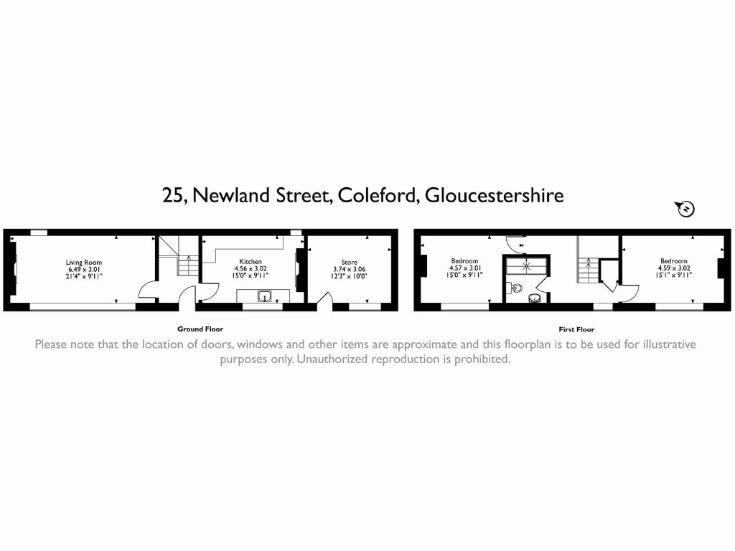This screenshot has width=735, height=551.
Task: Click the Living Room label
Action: (x=83, y=263)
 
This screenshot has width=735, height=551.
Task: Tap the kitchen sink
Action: (x=264, y=296)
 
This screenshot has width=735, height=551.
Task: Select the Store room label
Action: (x=350, y=263)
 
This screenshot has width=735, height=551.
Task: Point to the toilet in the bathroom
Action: (x=516, y=288)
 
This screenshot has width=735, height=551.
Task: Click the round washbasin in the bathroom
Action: (x=534, y=298)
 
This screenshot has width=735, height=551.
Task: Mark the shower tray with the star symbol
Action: (x=526, y=266)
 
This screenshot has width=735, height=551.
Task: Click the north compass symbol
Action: (x=685, y=209)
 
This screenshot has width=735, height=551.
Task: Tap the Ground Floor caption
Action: (x=200, y=329)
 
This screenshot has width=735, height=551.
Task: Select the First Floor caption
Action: (x=576, y=329)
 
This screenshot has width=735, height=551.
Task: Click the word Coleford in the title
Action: (x=378, y=195)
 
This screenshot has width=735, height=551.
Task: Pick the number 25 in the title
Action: (x=172, y=196)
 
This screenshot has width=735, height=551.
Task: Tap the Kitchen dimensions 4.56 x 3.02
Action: (x=251, y=269)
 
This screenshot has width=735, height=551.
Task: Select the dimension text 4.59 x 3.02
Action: (x=673, y=268)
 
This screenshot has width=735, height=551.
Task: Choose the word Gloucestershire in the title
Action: (x=494, y=195)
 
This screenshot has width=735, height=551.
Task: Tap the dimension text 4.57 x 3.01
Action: (x=464, y=268)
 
